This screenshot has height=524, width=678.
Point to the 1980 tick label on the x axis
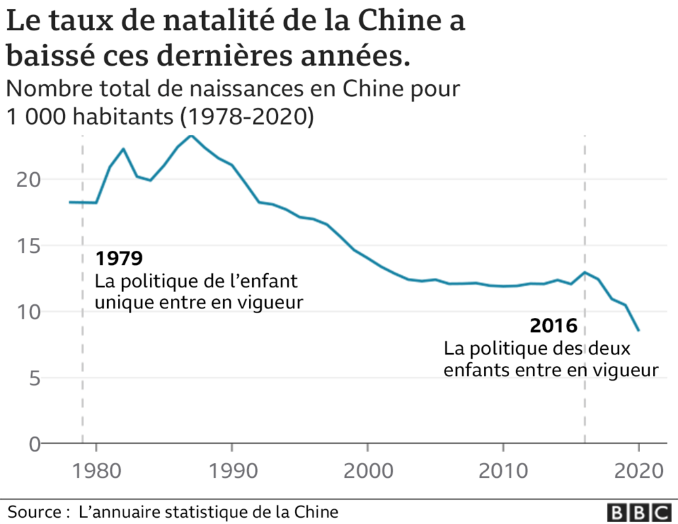coord(96,469)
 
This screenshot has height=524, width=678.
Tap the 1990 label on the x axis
coord(232,469)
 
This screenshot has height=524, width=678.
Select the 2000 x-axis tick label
coord(367,469)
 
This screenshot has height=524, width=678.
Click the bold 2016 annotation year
coord(553,326)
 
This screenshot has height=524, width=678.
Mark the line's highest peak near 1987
coord(191,136)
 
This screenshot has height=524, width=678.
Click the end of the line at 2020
coord(639,330)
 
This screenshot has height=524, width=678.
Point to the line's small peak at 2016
coord(584,273)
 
